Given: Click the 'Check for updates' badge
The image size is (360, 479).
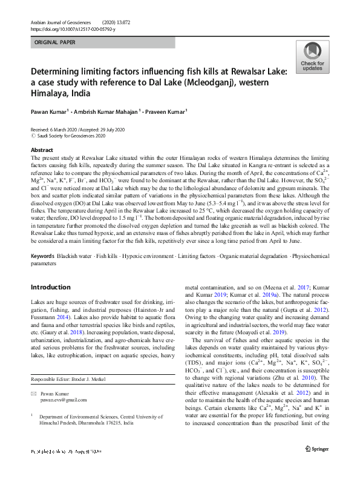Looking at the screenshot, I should coord(312,57).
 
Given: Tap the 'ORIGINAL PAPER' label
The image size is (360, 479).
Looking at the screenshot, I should coord(57,44).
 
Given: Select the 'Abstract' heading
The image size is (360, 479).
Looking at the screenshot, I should coord(42,150).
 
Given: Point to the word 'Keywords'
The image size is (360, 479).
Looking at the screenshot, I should coord(42,256).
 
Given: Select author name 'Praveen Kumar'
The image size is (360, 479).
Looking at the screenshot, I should coord(182,112).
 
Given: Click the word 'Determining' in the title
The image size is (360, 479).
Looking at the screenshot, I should coord(60,70).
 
